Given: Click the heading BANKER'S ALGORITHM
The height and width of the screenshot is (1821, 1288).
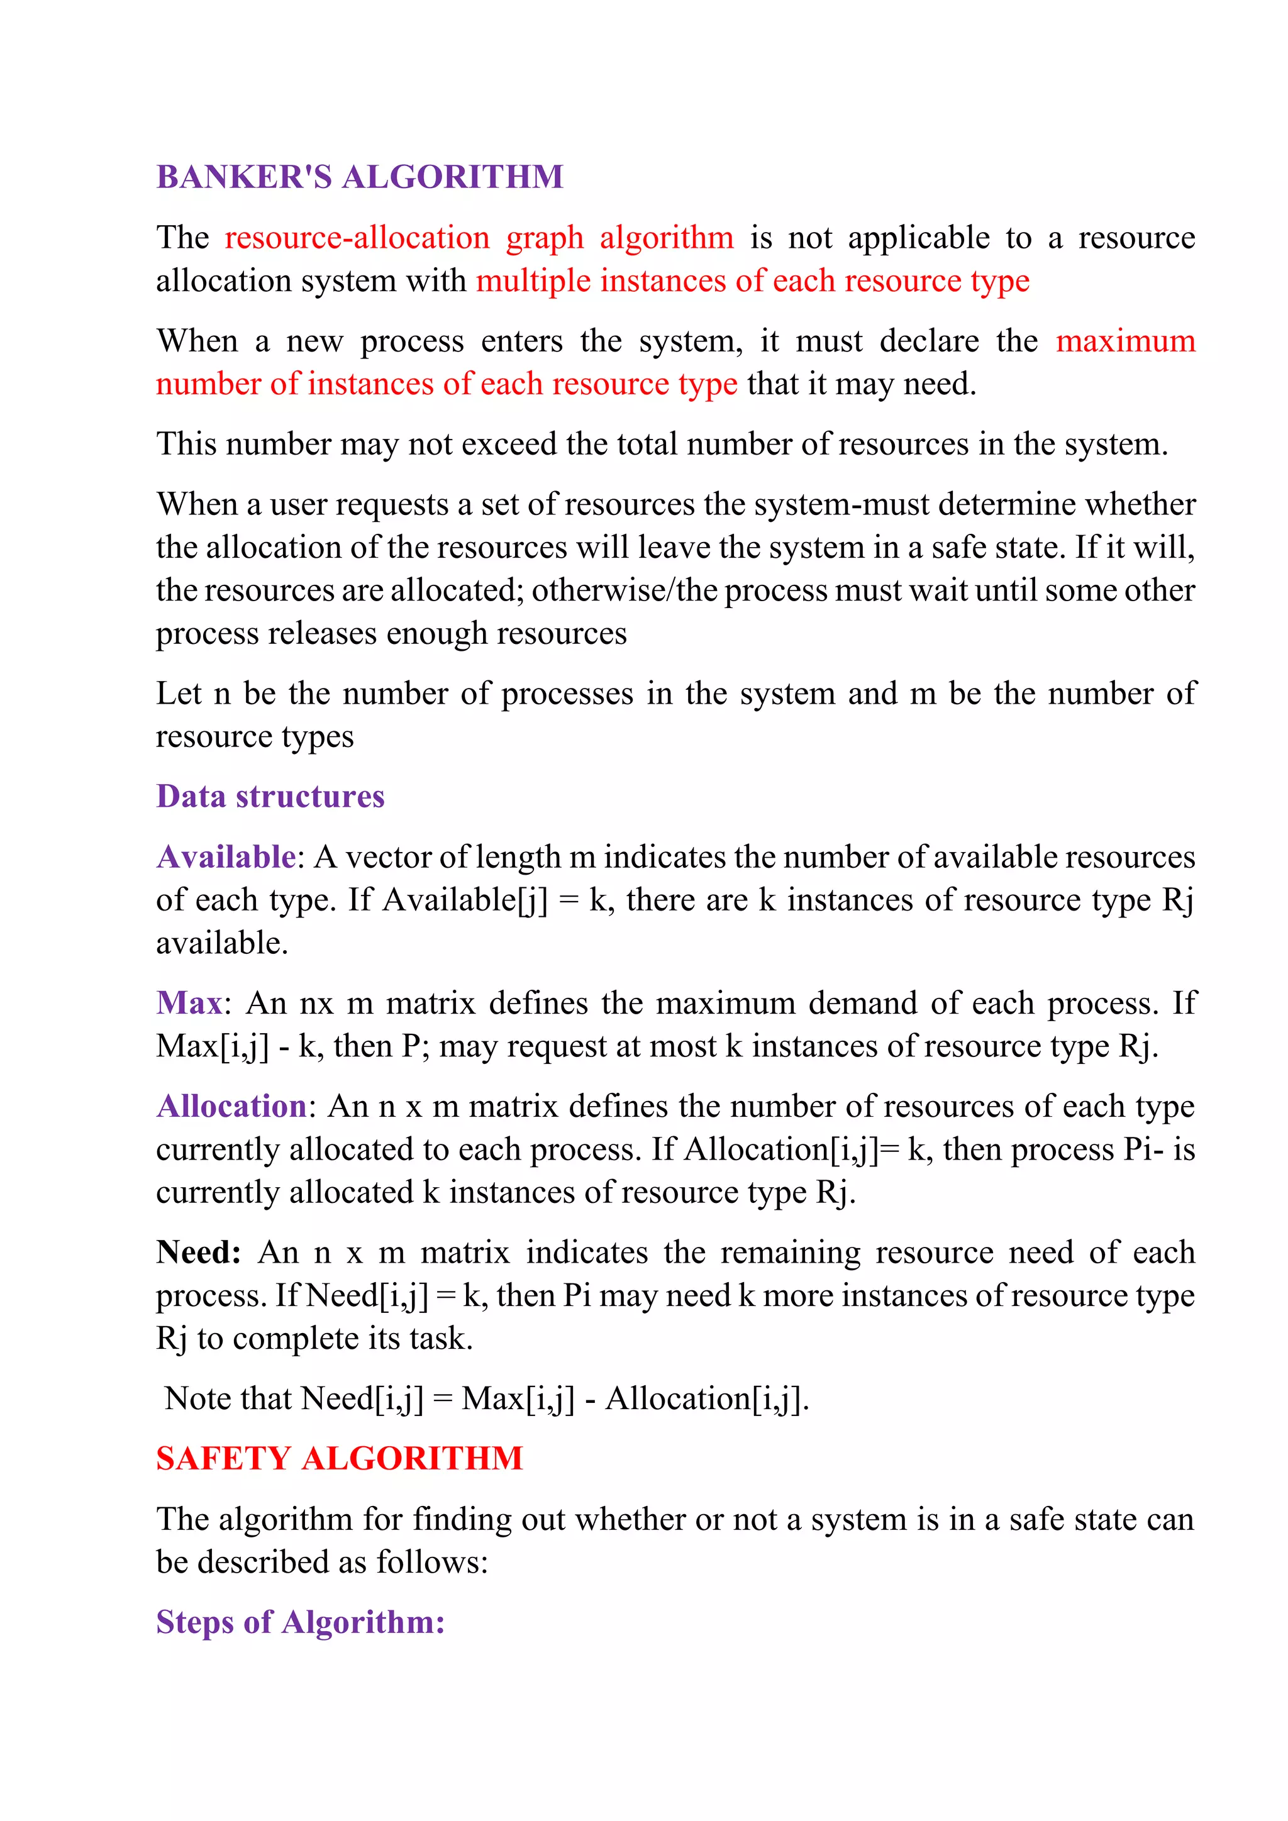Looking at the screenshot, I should tap(359, 177).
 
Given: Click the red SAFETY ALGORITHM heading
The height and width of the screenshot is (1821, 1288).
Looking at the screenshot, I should tap(340, 1459).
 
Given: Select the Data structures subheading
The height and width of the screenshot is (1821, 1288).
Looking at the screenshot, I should tap(270, 796).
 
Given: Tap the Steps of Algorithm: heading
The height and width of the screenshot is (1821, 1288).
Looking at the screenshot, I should tap(300, 1622).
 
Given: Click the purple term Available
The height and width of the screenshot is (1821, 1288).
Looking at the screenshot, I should tap(226, 857).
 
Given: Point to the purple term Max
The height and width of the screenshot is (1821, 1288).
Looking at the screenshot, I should tap(189, 1004).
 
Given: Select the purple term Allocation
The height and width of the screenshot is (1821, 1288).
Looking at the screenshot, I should tap(231, 1107).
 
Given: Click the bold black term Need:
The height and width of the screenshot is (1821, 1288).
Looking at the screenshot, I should tap(198, 1253).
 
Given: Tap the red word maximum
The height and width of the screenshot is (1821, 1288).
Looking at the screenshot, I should tap(1124, 341).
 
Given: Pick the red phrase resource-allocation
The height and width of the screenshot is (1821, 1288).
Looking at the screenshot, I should tap(357, 238).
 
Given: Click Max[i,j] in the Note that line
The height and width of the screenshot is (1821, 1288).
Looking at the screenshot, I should tap(517, 1398).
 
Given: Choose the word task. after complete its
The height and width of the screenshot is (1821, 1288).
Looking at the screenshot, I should tap(441, 1339).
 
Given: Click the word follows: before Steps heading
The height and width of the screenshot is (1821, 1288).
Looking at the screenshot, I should tap(431, 1563).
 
